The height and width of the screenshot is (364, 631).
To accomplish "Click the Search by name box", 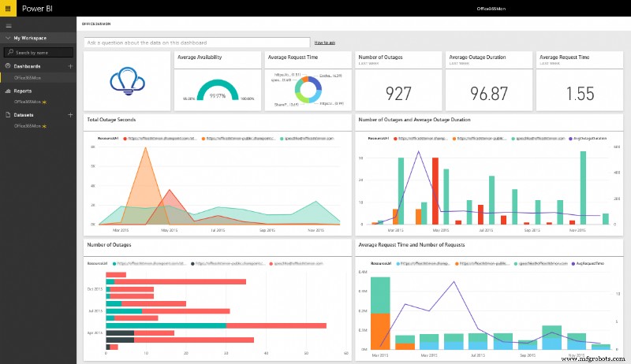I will (41, 52).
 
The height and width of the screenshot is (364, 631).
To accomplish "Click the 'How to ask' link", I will (325, 42).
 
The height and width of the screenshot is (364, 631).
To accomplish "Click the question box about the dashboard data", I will (197, 42).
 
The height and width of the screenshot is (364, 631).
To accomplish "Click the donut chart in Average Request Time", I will (305, 91).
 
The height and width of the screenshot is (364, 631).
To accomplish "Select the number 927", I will (398, 93).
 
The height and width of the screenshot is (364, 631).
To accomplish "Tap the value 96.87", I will (488, 93).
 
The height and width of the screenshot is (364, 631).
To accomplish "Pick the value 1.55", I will (578, 93).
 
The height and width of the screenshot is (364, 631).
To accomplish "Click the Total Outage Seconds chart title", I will (111, 120).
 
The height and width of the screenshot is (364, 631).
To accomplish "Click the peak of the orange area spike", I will (144, 147).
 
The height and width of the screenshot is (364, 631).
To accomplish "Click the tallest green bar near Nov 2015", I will (583, 152).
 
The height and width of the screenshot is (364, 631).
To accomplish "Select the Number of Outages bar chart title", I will (110, 244).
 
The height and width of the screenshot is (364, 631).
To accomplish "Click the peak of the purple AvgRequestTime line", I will (454, 281).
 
